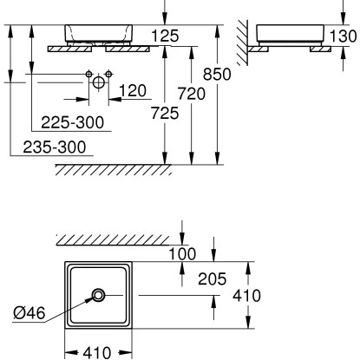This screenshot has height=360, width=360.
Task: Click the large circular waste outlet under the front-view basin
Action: tap(100, 84)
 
